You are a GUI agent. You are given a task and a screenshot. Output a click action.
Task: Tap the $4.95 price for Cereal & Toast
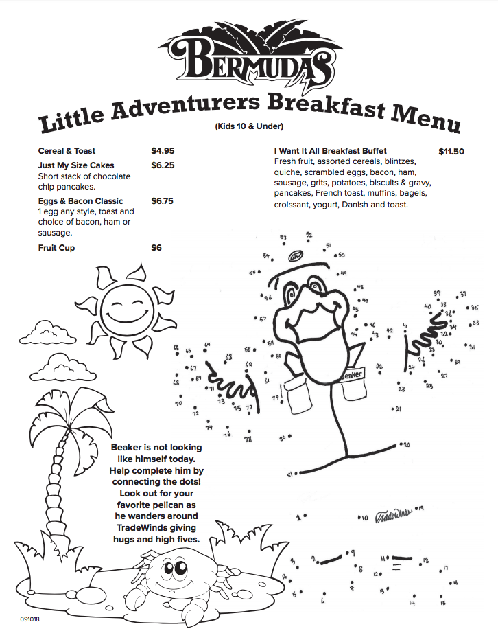[x=163, y=151]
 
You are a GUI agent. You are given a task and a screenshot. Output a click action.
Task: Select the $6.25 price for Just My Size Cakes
[x=163, y=165]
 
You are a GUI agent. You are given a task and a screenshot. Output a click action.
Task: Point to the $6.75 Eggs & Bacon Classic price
[x=163, y=201]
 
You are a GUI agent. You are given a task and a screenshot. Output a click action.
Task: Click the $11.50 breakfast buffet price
[x=451, y=151]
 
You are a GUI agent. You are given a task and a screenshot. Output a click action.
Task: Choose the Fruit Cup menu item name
[x=56, y=248]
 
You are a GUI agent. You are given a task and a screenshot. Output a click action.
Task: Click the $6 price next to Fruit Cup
[x=156, y=248]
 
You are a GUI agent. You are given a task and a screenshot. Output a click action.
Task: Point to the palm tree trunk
[x=54, y=494]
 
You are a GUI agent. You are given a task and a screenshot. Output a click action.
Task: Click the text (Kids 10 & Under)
[x=249, y=126]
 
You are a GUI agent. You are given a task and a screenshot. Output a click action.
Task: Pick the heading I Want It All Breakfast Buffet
[x=331, y=151]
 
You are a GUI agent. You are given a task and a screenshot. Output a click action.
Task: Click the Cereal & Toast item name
[x=67, y=151]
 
